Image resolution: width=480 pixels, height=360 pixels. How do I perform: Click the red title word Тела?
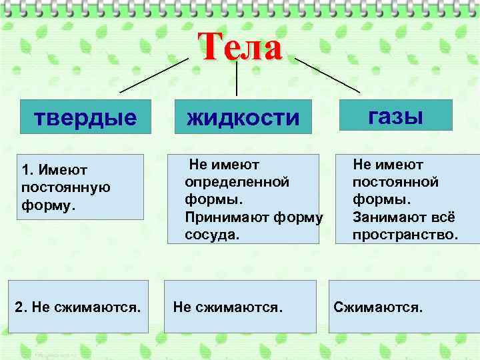click(240, 48)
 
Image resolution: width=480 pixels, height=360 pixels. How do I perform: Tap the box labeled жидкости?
click(244, 117)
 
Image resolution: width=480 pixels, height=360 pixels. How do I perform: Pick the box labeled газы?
click(396, 115)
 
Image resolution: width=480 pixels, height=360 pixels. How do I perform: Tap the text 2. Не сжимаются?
click(78, 307)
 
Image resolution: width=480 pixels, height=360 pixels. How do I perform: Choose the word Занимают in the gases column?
click(386, 217)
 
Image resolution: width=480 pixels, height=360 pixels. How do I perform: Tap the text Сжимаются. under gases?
click(378, 307)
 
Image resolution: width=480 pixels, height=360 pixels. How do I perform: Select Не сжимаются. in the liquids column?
click(228, 307)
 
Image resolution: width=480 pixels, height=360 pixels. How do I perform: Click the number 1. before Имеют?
click(27, 171)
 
